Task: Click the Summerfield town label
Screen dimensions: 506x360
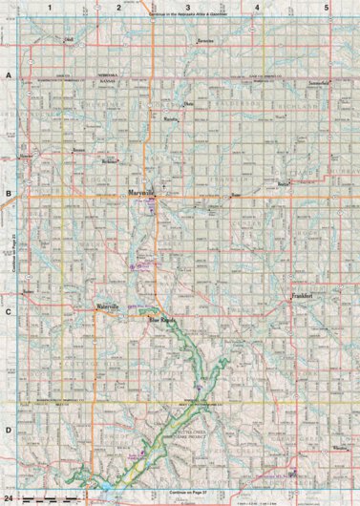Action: (320, 83)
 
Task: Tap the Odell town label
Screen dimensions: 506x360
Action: (68, 39)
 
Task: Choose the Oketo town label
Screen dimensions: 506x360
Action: (188, 103)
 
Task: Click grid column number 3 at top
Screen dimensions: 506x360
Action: (187, 8)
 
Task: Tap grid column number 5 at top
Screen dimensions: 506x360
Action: (327, 8)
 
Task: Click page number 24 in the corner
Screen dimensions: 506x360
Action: (9, 499)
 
